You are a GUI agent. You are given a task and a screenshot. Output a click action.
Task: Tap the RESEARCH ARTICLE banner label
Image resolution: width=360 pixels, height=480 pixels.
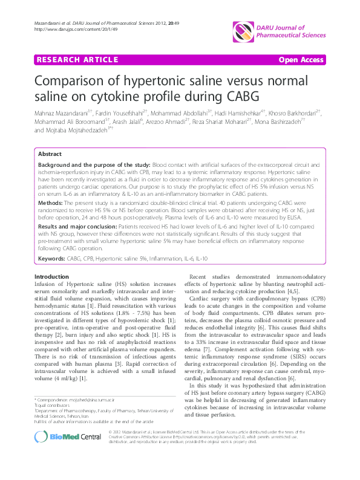[77, 59]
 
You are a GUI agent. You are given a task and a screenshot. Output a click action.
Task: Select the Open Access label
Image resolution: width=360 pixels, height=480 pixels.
[300, 59]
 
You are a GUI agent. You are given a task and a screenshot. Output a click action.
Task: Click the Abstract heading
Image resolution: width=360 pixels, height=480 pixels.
[50, 155]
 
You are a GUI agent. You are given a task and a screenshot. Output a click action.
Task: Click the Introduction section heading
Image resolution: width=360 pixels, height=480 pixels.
[52, 276]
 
